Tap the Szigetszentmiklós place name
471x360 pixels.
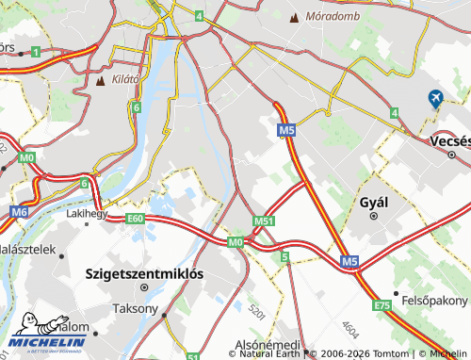click(x=144, y=274)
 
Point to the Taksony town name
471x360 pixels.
click(x=135, y=308)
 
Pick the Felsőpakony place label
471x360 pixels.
click(x=434, y=300)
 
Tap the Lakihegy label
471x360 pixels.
click(x=87, y=213)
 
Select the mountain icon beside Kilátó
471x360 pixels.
click(x=101, y=80)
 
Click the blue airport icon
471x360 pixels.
click(x=435, y=98)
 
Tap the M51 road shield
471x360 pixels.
click(x=264, y=221)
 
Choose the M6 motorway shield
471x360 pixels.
click(x=20, y=213)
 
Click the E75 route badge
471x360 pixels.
click(x=382, y=305)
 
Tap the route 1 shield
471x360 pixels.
click(x=35, y=53)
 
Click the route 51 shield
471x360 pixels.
click(x=194, y=356)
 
